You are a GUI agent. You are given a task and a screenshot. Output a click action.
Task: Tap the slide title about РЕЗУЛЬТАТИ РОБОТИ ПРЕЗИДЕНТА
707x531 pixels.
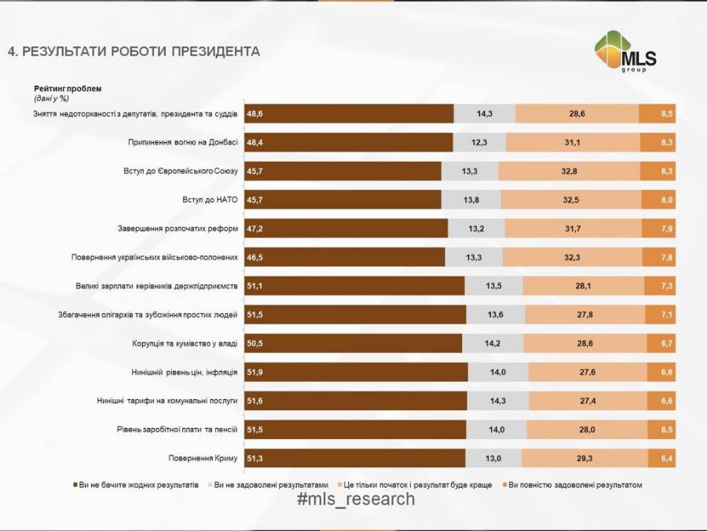click(x=134, y=52)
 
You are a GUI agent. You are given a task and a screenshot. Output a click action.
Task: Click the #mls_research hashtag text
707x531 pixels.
click(x=356, y=500)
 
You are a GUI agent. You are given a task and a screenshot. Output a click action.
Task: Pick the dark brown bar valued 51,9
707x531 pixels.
click(x=356, y=372)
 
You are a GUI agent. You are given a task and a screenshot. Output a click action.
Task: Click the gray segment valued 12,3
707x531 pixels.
click(x=479, y=142)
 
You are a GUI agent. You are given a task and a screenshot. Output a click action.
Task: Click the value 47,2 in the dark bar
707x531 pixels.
click(x=255, y=229)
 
